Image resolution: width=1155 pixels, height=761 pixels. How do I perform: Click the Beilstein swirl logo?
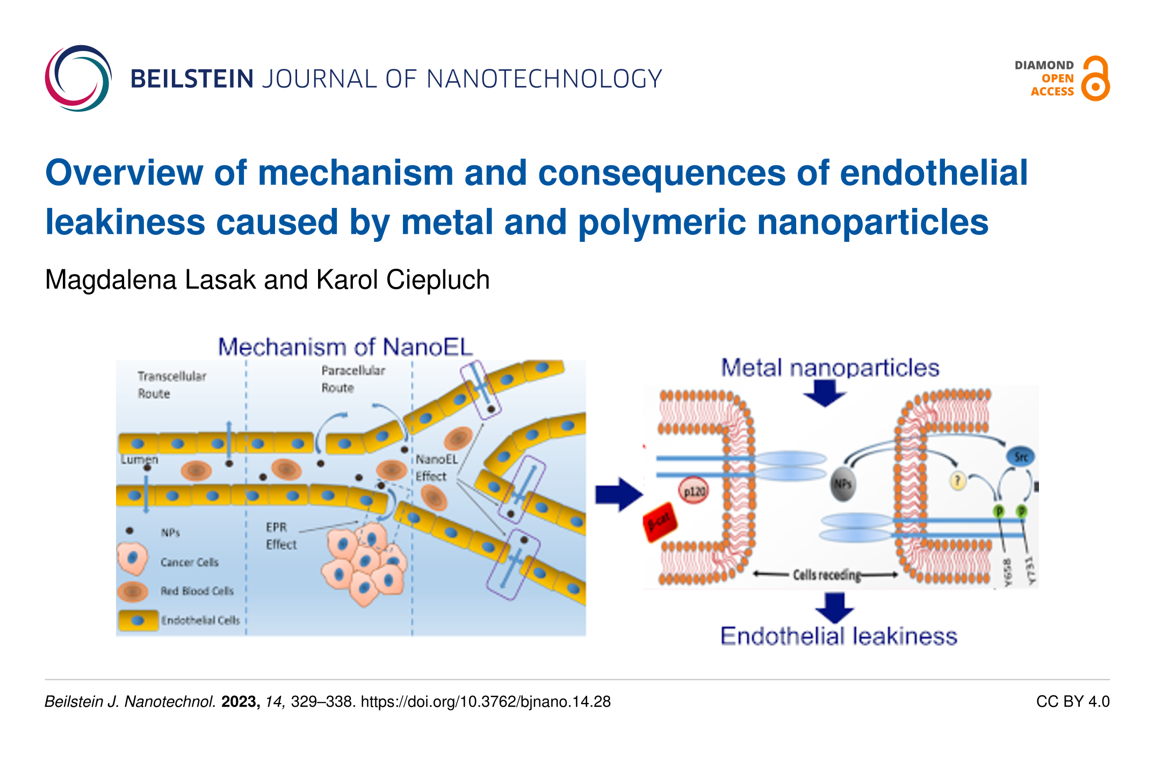coord(78,78)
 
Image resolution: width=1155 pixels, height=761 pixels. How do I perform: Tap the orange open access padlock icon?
coord(1095,79)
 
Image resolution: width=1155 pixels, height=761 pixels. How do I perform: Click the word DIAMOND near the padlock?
coord(1044,66)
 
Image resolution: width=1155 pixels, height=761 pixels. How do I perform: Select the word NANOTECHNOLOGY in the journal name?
coord(544,79)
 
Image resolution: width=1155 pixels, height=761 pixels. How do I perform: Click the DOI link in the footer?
coord(486,701)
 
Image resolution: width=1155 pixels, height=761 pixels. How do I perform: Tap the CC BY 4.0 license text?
coord(1072,701)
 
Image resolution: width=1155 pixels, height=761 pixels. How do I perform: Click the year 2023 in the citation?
coord(240,701)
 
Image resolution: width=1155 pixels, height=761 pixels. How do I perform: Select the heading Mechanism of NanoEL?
coord(345,347)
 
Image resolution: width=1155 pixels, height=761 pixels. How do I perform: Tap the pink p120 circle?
coord(694,491)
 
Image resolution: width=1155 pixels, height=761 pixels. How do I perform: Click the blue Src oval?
coord(1020,457)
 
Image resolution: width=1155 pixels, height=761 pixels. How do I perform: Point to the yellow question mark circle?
coord(958,480)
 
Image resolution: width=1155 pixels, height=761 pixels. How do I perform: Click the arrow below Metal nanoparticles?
coord(825,393)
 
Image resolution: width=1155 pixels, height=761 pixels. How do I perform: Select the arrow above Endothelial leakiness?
coord(834,607)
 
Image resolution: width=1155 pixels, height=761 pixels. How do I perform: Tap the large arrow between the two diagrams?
coord(618,494)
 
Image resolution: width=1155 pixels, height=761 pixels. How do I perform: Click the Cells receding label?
coord(826,575)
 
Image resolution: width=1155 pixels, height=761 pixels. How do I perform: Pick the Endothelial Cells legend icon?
coord(138,620)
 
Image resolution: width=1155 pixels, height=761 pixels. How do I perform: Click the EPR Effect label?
coord(280,536)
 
